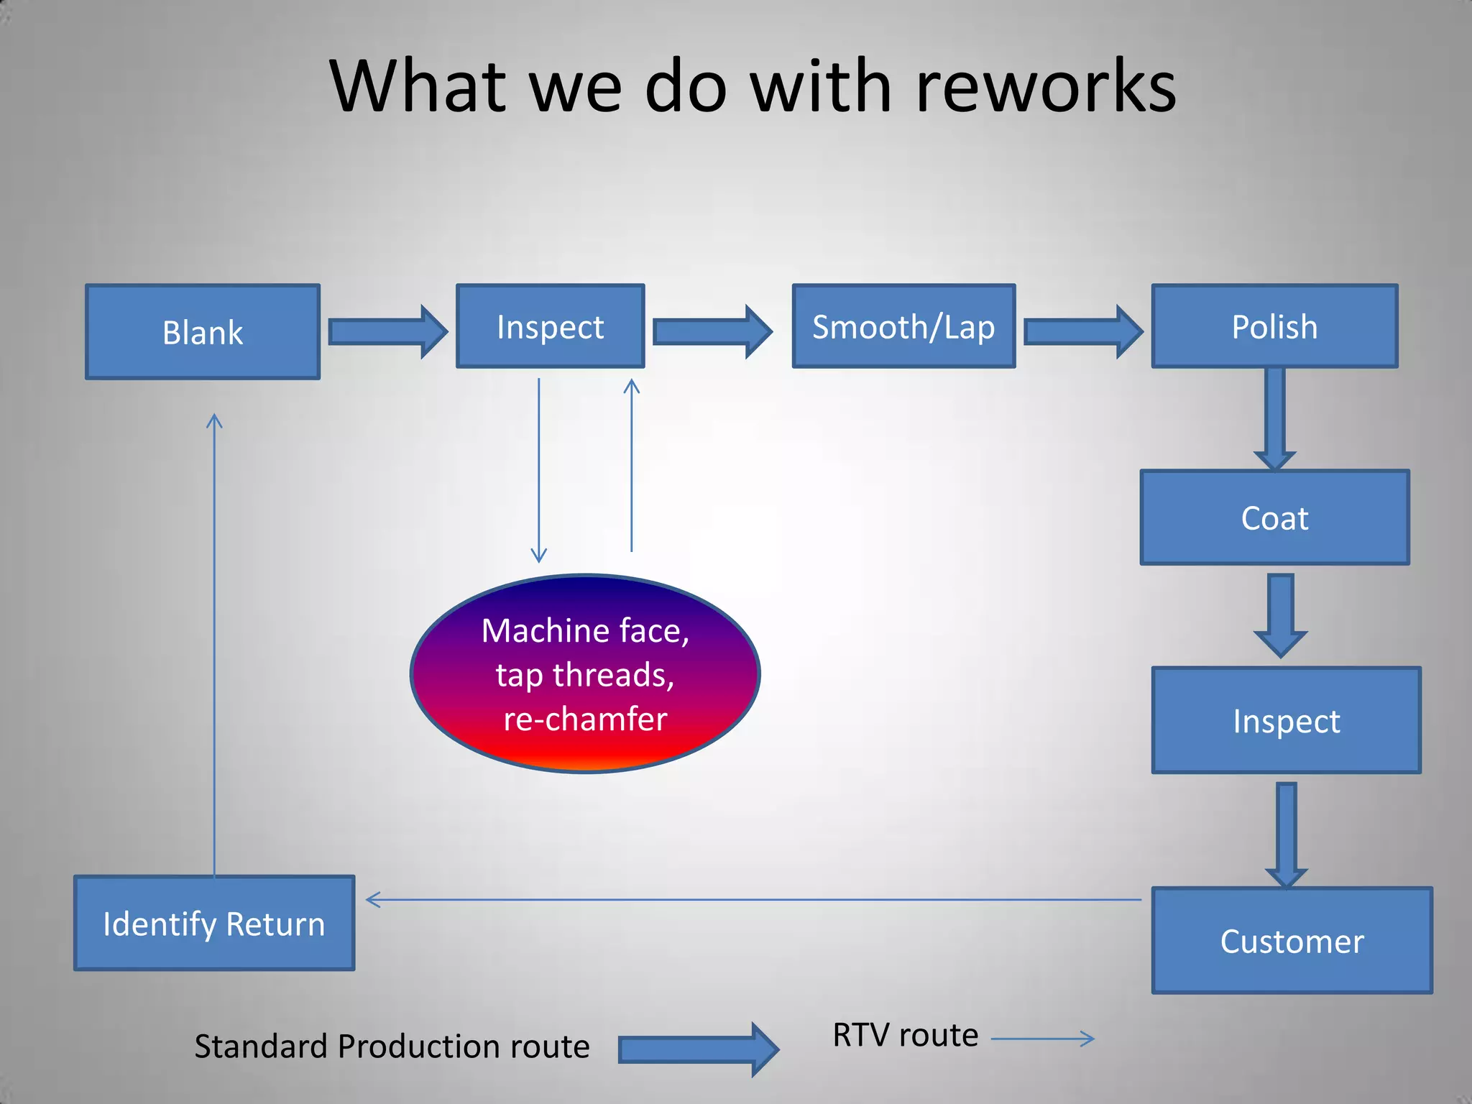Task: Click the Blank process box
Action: click(203, 332)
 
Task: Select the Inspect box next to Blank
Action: click(551, 326)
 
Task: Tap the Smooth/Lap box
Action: click(903, 326)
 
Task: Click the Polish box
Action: click(1274, 326)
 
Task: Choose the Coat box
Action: click(1274, 517)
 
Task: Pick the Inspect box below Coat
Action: click(1286, 720)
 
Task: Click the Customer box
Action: click(1292, 940)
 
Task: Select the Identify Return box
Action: click(214, 923)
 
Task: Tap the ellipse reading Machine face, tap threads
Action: click(585, 674)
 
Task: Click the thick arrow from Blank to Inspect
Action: click(387, 332)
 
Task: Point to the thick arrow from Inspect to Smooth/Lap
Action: click(712, 331)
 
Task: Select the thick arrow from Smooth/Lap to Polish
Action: click(1082, 331)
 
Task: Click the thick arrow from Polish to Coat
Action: click(1274, 417)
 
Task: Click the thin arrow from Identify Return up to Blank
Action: click(214, 647)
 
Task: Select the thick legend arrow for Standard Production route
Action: click(697, 1049)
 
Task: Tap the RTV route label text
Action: click(905, 1035)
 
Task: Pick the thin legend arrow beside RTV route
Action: click(1042, 1038)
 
